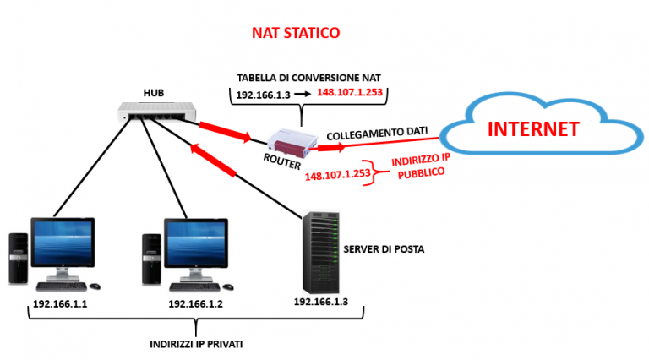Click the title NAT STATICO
tap(296, 34)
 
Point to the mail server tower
tap(320, 250)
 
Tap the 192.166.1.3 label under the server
tap(321, 301)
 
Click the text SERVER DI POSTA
tap(383, 249)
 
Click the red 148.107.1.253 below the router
tap(336, 174)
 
